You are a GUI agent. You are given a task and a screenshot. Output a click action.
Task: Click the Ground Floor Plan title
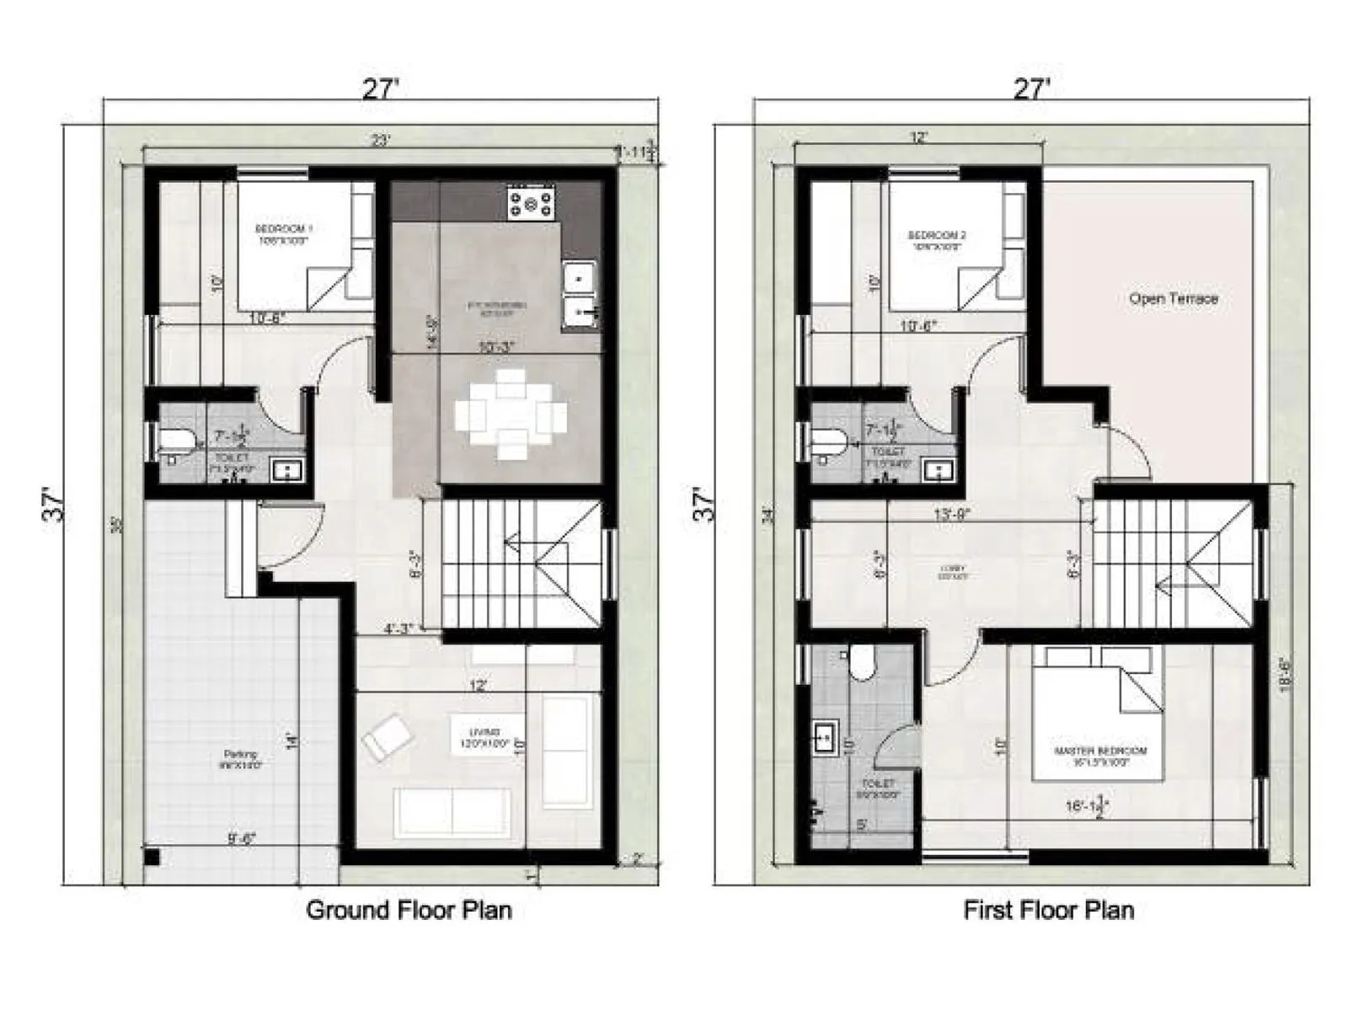[409, 910]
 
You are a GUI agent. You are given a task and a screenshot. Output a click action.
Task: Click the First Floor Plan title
[1048, 910]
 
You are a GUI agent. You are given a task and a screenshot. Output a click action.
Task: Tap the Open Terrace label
[1173, 298]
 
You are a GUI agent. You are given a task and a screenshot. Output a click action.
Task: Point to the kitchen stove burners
[531, 202]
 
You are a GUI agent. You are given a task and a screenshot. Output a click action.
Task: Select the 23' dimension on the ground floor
[381, 141]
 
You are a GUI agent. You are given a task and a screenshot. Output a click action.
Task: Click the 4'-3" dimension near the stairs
[398, 628]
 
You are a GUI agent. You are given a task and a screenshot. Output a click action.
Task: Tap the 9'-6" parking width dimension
[242, 838]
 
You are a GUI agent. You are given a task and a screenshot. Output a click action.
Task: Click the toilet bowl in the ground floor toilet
[177, 439]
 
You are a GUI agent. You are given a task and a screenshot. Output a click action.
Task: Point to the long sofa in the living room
[452, 810]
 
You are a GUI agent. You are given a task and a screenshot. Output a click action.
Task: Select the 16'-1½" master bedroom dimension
[1087, 807]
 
